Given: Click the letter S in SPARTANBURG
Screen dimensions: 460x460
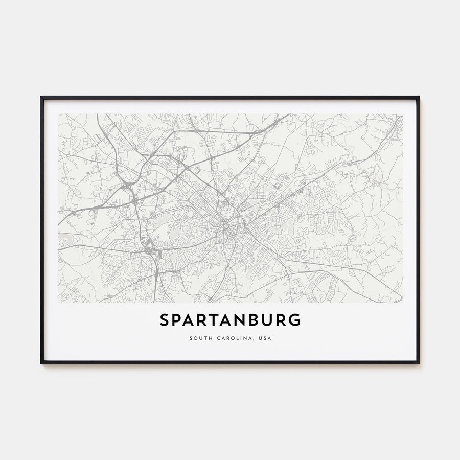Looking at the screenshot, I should click(165, 320).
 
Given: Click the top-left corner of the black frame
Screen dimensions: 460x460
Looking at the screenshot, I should click(41, 97).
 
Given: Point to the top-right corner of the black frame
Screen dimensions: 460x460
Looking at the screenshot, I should click(419, 97).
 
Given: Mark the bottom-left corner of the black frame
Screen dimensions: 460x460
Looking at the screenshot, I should click(41, 363).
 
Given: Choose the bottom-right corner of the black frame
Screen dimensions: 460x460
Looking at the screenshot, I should click(419, 363).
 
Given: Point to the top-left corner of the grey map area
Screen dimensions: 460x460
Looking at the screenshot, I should click(58, 114).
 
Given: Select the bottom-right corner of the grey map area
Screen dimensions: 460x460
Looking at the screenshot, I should click(402, 303).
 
